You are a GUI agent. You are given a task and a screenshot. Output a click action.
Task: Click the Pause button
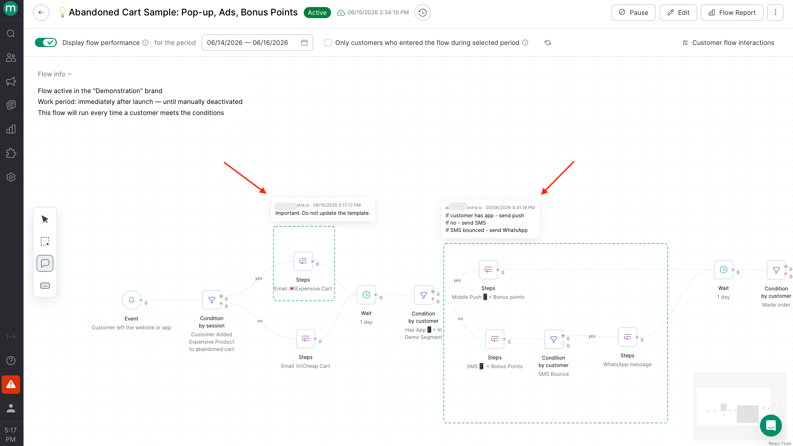click(x=633, y=13)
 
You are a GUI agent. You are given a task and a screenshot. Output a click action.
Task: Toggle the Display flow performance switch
click(x=46, y=42)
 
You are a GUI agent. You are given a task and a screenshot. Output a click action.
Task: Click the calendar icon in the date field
click(x=304, y=42)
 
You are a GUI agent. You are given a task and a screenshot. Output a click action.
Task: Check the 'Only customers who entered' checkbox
click(x=328, y=42)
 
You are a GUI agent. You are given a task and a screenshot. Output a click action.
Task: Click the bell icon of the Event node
click(x=131, y=300)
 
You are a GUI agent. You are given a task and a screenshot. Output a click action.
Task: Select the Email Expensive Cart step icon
click(x=303, y=261)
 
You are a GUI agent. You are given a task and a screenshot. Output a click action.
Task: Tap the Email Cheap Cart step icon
click(x=306, y=339)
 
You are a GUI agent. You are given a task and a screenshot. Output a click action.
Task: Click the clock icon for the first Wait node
click(x=366, y=295)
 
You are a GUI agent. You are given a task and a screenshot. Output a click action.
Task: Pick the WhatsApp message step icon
click(x=627, y=337)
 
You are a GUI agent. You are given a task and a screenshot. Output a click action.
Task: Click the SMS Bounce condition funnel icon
click(x=553, y=339)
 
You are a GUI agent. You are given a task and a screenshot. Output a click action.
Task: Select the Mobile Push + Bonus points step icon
click(x=488, y=270)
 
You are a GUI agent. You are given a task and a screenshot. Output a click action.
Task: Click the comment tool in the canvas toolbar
click(x=45, y=263)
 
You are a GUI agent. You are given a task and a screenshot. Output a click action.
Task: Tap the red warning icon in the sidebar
click(x=11, y=384)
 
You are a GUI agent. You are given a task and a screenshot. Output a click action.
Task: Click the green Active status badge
click(x=317, y=13)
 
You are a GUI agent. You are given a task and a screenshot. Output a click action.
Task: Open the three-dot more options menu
click(x=775, y=13)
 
